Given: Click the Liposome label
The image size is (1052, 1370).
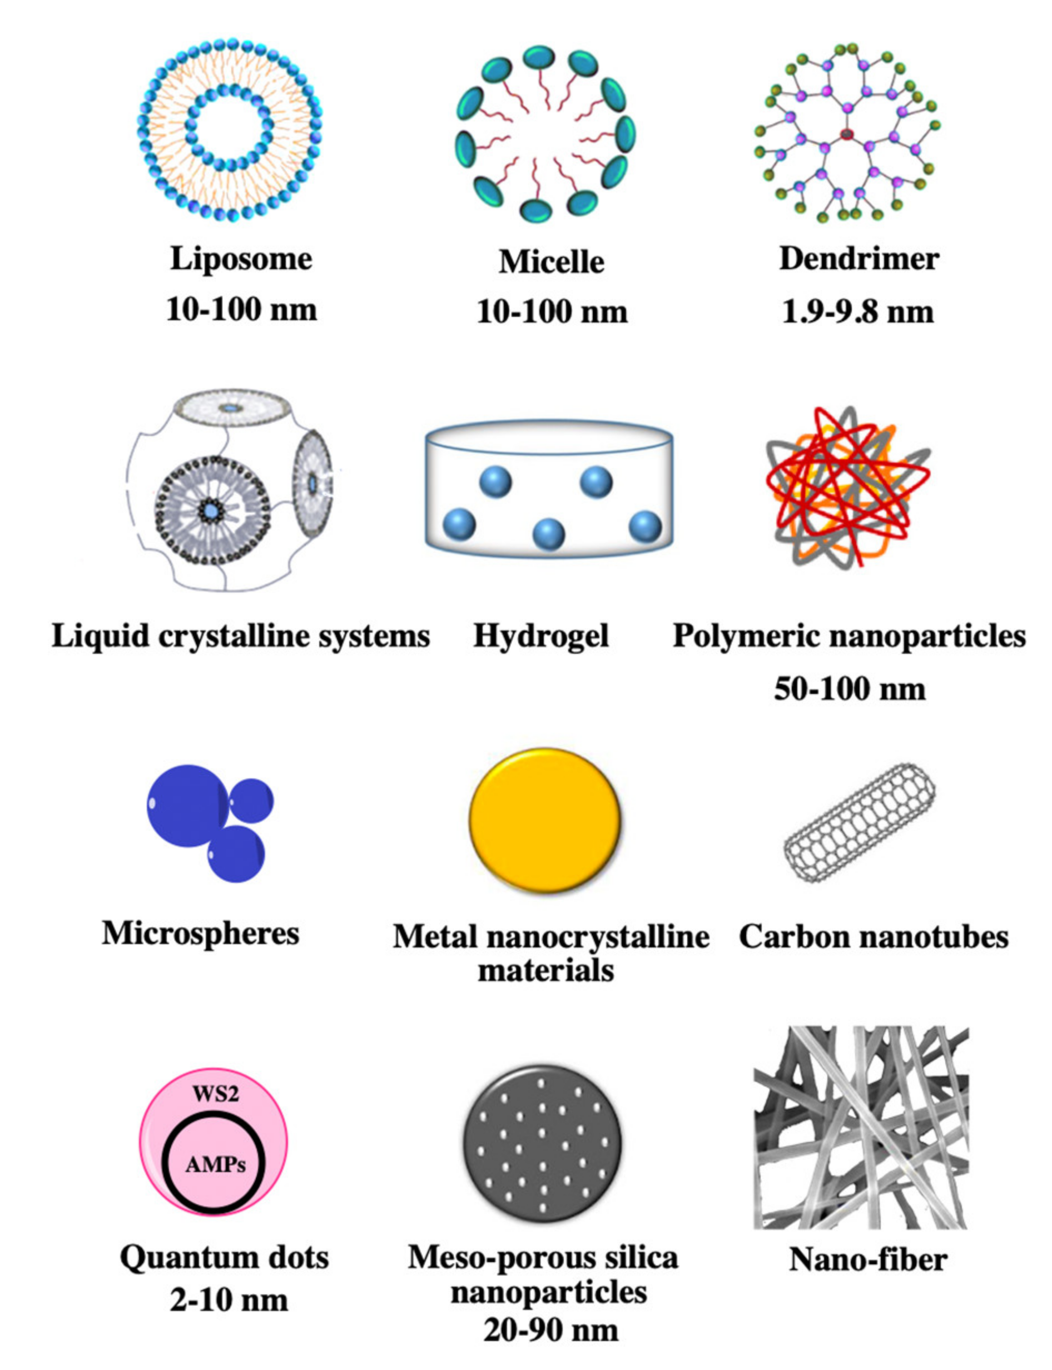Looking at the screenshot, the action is (241, 259).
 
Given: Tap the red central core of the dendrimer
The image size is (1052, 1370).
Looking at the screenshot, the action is (847, 133).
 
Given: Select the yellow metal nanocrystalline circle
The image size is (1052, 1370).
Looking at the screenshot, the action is (545, 820).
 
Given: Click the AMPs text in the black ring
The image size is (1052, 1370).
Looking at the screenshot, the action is (215, 1165).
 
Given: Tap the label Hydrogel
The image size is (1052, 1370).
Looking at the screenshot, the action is (541, 636).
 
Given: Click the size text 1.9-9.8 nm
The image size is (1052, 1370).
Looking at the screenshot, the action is (858, 312).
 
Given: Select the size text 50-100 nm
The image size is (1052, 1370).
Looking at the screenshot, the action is (850, 689).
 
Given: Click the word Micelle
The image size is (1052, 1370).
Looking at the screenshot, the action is (551, 262).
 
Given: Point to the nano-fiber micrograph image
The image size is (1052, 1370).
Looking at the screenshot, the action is (861, 1127).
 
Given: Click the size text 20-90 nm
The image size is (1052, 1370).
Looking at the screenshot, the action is (550, 1330).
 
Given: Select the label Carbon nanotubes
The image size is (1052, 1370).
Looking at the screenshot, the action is (874, 937).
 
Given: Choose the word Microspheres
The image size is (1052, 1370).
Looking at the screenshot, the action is (200, 934).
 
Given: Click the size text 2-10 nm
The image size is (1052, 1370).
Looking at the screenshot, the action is (229, 1300).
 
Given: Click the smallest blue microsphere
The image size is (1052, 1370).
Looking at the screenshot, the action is (252, 800).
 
